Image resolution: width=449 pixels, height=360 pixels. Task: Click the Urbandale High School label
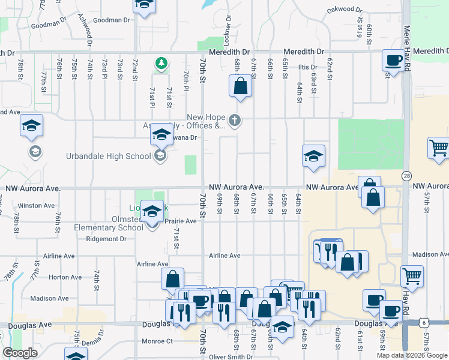click(x=108, y=157)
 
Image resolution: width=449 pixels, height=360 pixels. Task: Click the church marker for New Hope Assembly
click(x=235, y=121)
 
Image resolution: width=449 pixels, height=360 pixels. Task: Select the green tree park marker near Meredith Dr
click(x=161, y=62)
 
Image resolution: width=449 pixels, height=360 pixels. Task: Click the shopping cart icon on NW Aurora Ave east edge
click(x=439, y=148)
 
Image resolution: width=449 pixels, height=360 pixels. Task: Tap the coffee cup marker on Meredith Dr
click(x=393, y=60)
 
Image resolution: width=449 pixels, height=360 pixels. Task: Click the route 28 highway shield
click(x=407, y=175)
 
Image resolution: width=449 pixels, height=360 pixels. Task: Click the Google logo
click(x=20, y=353)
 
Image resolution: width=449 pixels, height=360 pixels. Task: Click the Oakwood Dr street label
click(x=345, y=10)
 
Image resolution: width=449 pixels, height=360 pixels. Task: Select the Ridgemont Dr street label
click(x=106, y=239)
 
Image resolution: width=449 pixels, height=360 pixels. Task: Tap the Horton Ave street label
click(x=65, y=277)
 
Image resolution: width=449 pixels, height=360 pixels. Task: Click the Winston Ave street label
click(x=36, y=205)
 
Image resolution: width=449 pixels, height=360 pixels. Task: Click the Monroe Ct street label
click(x=157, y=341)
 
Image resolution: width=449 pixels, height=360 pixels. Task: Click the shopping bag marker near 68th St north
click(x=240, y=86)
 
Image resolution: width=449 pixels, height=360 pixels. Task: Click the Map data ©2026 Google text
click(x=412, y=355)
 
